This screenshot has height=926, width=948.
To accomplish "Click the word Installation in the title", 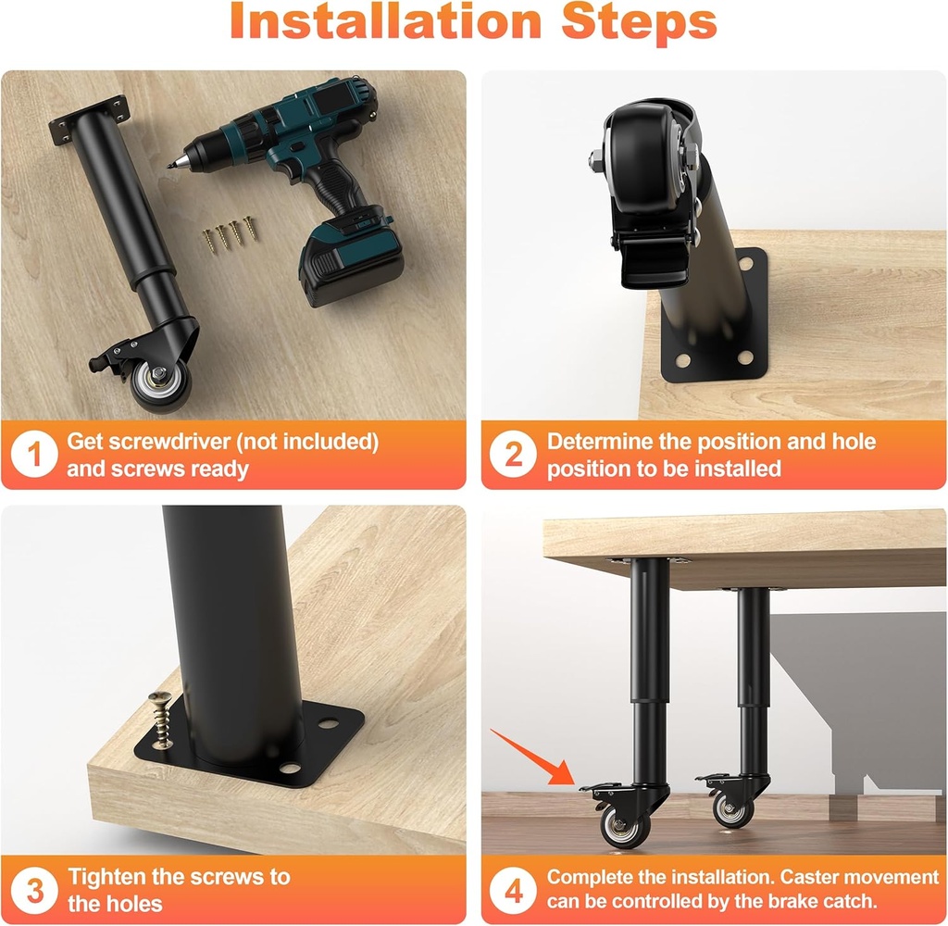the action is [x=385, y=21].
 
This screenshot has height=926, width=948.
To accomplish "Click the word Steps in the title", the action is [x=639, y=24].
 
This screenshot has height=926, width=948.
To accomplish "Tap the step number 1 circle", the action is [x=34, y=455].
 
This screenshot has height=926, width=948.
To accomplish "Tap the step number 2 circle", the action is [x=513, y=455].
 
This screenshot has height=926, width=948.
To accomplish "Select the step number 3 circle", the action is [x=34, y=890].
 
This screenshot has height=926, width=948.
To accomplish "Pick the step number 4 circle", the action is [x=513, y=890].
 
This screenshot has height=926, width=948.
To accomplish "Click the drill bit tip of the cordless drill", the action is [x=170, y=165].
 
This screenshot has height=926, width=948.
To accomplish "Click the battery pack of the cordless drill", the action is [x=352, y=261].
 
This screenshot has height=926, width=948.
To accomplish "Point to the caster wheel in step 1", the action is [x=161, y=384].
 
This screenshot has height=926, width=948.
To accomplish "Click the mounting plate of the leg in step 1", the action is [x=90, y=120].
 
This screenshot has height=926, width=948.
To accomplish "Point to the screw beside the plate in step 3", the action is [x=159, y=720].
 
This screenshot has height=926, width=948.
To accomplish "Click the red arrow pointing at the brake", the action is [x=531, y=757].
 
